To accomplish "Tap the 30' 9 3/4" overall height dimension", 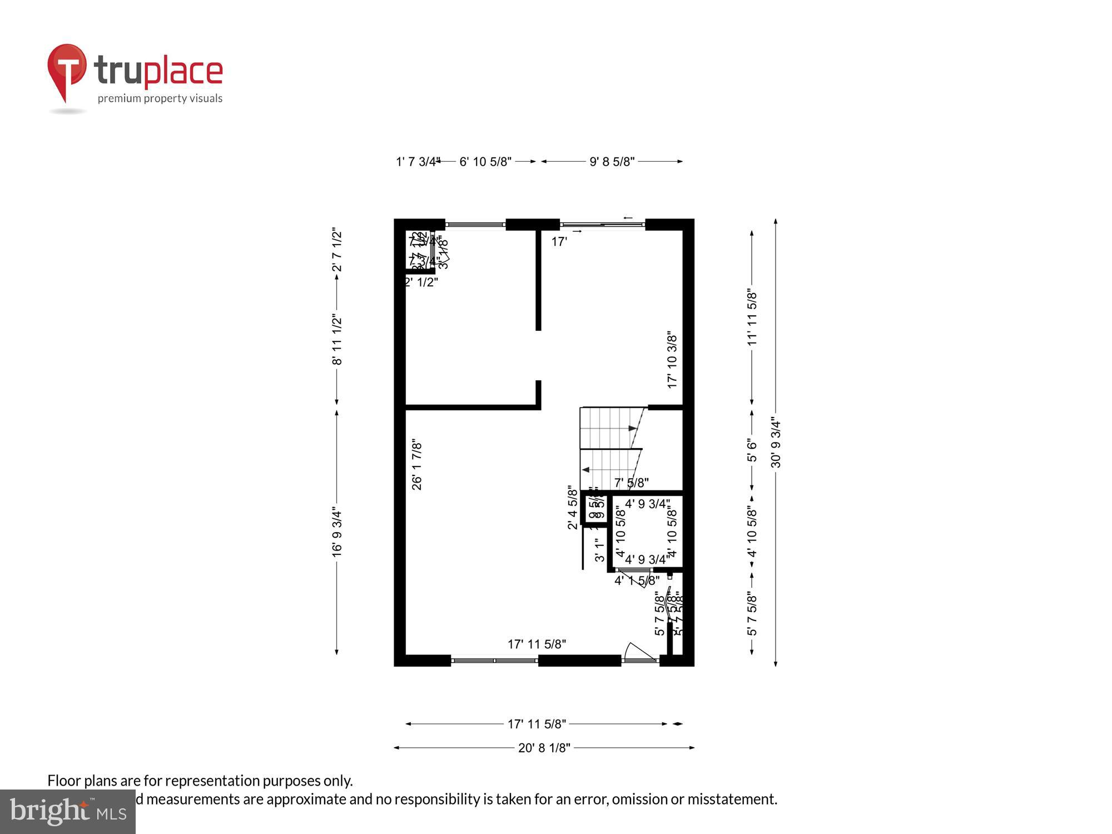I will pyautogui.click(x=776, y=443).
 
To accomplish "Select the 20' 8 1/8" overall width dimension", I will pyautogui.click(x=544, y=748).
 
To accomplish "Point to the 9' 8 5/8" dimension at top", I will pyautogui.click(x=612, y=162).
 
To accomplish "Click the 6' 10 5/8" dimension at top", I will pyautogui.click(x=485, y=162).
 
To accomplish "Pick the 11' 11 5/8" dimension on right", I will pyautogui.click(x=752, y=317).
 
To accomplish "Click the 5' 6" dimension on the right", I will pyautogui.click(x=752, y=450).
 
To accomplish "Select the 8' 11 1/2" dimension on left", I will pyautogui.click(x=337, y=340).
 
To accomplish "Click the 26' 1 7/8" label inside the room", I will pyautogui.click(x=417, y=465).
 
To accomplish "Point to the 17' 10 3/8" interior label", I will pyautogui.click(x=672, y=360).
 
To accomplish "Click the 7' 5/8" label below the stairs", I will pyautogui.click(x=631, y=483).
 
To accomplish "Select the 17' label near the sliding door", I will pyautogui.click(x=559, y=242).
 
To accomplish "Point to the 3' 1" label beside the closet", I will pyautogui.click(x=599, y=549).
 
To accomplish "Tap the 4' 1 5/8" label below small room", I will pyautogui.click(x=637, y=581).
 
